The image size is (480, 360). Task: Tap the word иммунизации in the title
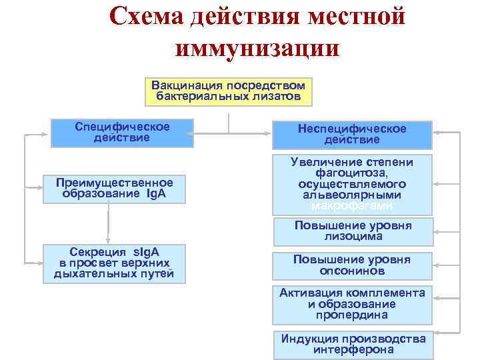click(x=257, y=48)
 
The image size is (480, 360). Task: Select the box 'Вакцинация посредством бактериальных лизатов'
click(x=229, y=91)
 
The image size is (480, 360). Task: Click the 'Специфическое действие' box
click(x=122, y=133)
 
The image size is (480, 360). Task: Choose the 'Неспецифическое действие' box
click(x=352, y=134)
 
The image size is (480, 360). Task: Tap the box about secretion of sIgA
click(x=113, y=262)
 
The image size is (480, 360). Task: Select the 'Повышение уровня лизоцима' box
click(x=353, y=231)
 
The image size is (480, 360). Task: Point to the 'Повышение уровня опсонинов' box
click(x=352, y=265)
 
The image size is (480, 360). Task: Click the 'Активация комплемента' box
click(x=352, y=304)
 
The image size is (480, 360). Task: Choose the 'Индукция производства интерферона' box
click(x=353, y=344)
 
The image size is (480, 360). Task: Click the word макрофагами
click(x=352, y=206)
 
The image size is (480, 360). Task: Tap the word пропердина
click(x=353, y=315)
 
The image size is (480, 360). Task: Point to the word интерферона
click(x=353, y=349)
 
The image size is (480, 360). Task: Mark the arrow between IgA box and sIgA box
click(x=108, y=223)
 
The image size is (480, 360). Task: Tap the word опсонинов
click(x=352, y=271)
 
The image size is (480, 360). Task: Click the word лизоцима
click(x=353, y=236)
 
